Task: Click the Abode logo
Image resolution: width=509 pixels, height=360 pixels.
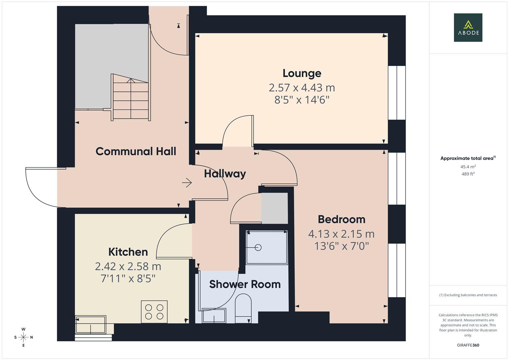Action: [x=468, y=28]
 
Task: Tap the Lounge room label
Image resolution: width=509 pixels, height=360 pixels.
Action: [x=302, y=73]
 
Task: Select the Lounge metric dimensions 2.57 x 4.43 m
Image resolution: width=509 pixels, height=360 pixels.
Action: [x=302, y=88]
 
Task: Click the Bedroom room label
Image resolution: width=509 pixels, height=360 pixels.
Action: [x=341, y=219]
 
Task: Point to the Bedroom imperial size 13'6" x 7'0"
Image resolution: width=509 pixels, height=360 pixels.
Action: [x=341, y=246]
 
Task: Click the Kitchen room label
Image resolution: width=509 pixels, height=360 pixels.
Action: [x=128, y=252]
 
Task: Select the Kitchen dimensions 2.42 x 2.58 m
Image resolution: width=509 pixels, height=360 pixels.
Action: [x=128, y=266]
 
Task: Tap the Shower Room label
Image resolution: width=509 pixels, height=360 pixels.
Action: [x=245, y=284]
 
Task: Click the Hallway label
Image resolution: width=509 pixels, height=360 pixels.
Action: [x=225, y=174]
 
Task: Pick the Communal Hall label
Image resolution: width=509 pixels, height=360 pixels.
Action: [x=136, y=151]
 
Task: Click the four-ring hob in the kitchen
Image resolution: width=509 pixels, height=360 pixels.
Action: [x=154, y=312]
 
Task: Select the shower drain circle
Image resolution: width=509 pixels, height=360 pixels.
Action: [x=258, y=247]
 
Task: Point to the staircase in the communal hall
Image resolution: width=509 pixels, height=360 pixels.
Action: [x=130, y=98]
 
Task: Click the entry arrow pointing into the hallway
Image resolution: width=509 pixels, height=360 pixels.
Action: [x=187, y=183]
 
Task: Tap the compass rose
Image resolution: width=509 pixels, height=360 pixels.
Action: [x=23, y=337]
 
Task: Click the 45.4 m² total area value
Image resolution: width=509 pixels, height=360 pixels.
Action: [x=468, y=167]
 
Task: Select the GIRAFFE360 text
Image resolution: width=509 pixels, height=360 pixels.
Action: [x=468, y=345]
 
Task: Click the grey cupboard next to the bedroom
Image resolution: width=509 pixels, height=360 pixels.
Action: [x=274, y=208]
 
